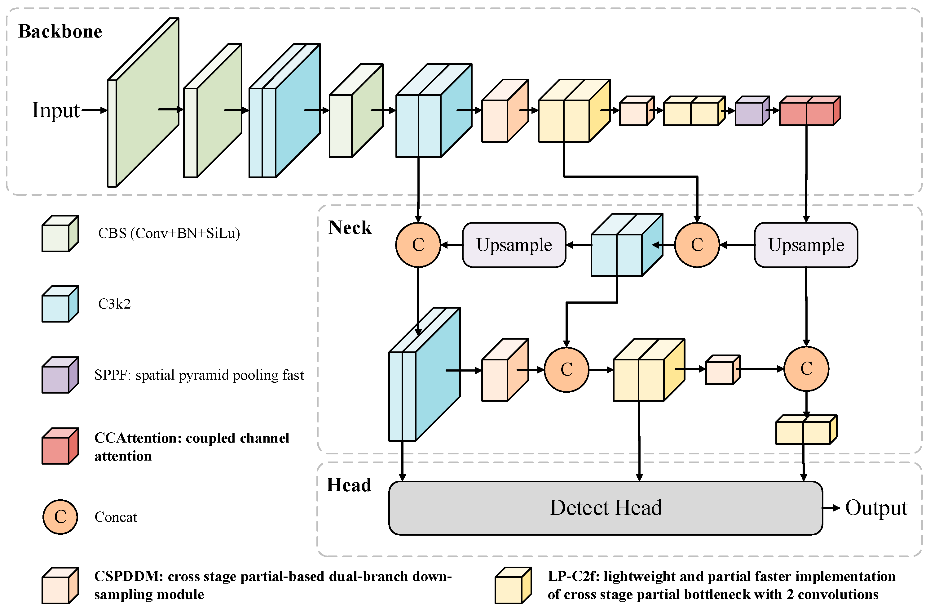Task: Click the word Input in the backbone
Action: [x=56, y=110]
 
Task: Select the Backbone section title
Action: [x=60, y=31]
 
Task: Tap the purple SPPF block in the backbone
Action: [x=751, y=112]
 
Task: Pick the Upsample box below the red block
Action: [x=806, y=245]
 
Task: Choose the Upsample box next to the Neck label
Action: [x=514, y=245]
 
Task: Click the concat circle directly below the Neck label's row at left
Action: [x=418, y=245]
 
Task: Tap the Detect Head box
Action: [x=605, y=508]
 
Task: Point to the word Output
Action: [x=876, y=508]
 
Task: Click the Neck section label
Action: [x=350, y=228]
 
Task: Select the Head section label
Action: [x=349, y=485]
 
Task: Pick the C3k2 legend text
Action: [x=114, y=304]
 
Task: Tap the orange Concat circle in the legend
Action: [x=60, y=517]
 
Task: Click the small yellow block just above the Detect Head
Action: [x=805, y=430]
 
